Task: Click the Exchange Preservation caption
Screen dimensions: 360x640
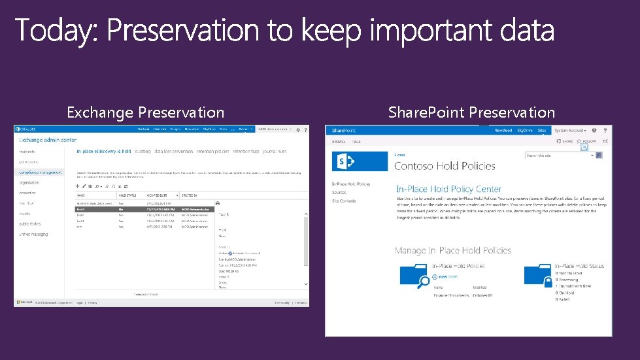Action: pos(145,112)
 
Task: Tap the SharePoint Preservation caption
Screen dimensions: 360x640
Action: pos(471,112)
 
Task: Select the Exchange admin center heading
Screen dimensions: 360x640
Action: pos(48,140)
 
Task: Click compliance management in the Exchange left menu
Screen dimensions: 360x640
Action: pos(41,172)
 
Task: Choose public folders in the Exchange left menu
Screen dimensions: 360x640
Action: pos(30,223)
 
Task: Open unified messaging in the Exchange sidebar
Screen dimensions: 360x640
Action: pos(33,233)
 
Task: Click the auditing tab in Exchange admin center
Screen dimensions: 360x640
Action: pos(143,152)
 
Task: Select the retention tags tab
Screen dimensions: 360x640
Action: pos(246,152)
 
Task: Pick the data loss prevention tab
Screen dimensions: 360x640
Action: pos(174,152)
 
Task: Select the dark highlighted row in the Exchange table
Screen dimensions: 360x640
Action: pos(144,209)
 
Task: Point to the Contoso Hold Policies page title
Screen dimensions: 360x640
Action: pos(445,166)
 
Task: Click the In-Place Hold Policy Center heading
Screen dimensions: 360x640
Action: pos(448,189)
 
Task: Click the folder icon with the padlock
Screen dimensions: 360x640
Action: pos(539,278)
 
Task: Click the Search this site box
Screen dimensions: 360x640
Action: pos(559,155)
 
